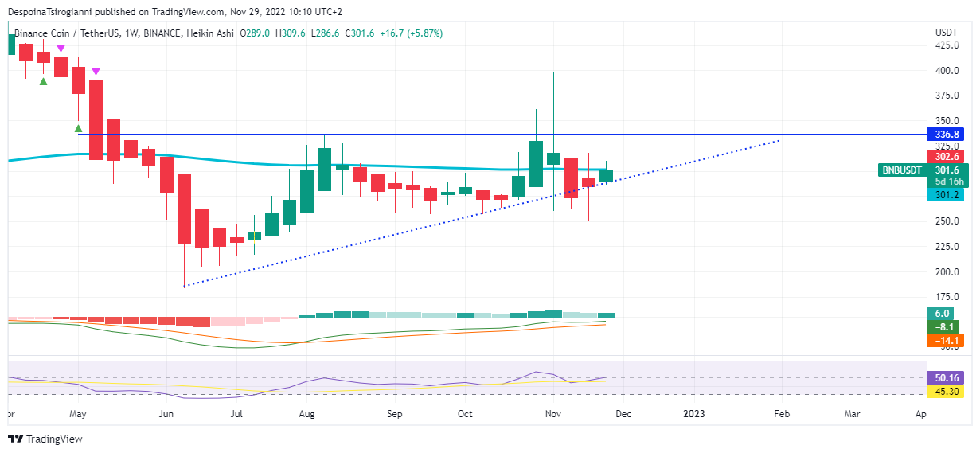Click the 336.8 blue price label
[x=946, y=134]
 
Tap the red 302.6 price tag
[x=946, y=156]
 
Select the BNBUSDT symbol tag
[x=903, y=170]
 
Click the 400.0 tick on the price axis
[x=947, y=70]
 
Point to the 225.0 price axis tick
[x=947, y=246]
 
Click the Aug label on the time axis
[x=308, y=414]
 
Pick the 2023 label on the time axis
[x=694, y=414]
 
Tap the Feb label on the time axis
[x=782, y=414]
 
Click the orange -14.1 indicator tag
[x=946, y=341]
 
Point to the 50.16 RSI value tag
[x=946, y=377]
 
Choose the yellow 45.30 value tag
[x=946, y=391]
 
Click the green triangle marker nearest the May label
[x=78, y=128]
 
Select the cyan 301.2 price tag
[x=946, y=195]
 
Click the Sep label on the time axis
[x=395, y=414]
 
